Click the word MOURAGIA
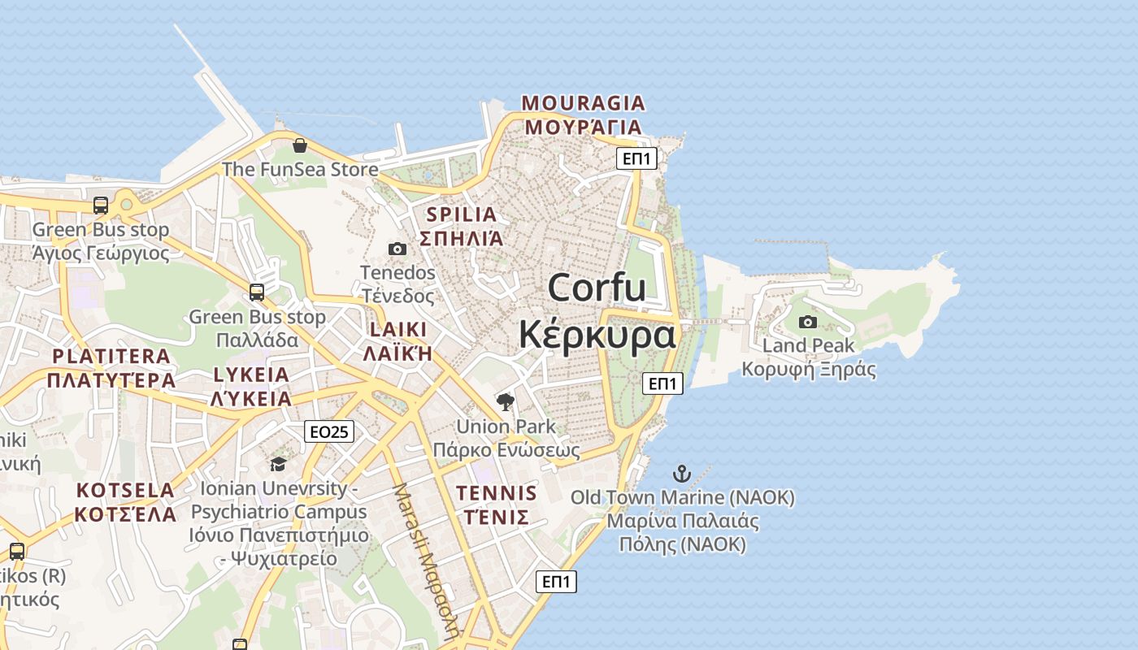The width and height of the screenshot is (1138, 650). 584,103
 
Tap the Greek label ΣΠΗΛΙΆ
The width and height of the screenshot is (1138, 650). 461,238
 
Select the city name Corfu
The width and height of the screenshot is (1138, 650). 597,288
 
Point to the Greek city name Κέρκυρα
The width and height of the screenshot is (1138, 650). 597,333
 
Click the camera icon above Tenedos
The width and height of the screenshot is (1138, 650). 397,249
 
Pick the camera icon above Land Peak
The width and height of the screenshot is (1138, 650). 807,322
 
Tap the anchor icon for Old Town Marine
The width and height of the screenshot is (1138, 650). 682,474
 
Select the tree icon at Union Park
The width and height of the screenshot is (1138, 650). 505,401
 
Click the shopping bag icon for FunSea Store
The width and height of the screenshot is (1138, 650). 300,145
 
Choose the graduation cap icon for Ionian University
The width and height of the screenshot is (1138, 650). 278,464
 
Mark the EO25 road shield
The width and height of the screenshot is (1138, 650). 329,431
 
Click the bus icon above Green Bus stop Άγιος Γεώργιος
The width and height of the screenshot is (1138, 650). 101,206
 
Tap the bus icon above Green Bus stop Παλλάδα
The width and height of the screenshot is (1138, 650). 257,292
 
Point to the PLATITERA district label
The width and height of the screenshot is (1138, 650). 111,356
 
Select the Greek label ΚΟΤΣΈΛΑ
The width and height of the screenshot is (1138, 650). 126,514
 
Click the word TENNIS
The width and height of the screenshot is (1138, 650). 497,493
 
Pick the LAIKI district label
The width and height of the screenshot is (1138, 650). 397,330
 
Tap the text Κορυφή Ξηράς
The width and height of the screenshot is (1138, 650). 808,370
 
